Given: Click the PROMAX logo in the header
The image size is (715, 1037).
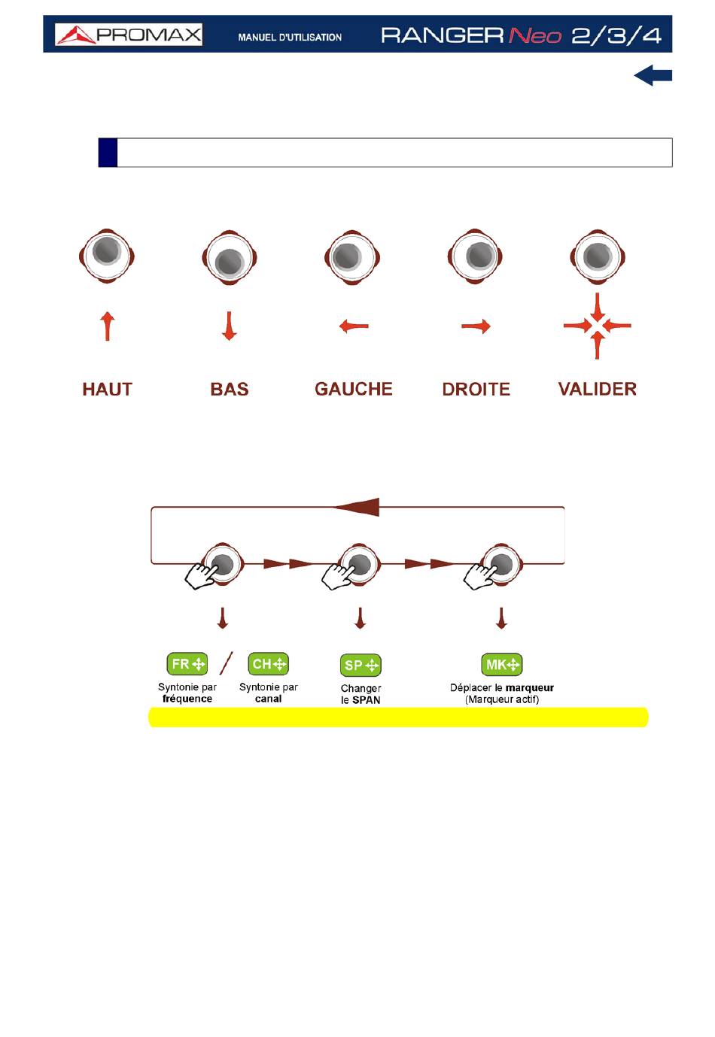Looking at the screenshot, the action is (x=129, y=35).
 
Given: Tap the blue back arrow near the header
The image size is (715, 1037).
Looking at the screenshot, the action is (x=653, y=75).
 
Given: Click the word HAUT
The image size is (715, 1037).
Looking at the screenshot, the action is (x=107, y=389).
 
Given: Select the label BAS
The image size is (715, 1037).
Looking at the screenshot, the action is (x=230, y=389).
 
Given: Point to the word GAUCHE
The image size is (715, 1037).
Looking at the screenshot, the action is (x=354, y=389).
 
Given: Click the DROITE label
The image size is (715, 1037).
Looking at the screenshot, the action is (x=476, y=389).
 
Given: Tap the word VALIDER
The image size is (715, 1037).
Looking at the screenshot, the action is (x=598, y=389).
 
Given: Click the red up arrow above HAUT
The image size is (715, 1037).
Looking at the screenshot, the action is (x=108, y=326).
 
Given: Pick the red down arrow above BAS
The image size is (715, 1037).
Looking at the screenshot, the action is (x=230, y=326).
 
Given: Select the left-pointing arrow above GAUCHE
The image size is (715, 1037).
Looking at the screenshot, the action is (x=354, y=326).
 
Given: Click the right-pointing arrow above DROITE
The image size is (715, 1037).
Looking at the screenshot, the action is (x=476, y=326).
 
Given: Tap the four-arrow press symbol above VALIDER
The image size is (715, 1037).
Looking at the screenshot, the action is (x=598, y=326).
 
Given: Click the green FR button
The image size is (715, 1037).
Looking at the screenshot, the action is (x=187, y=664).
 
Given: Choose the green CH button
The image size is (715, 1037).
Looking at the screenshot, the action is (x=268, y=664).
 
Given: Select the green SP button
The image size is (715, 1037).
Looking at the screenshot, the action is (x=361, y=666).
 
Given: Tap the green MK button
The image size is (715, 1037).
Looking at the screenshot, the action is (x=502, y=665).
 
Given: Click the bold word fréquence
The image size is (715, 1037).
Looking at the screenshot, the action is (x=187, y=699).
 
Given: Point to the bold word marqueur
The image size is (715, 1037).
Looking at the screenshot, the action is (x=530, y=687).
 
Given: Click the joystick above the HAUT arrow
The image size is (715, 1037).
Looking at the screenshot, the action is (x=107, y=256).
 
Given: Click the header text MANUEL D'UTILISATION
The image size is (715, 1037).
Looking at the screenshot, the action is (x=290, y=37).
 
